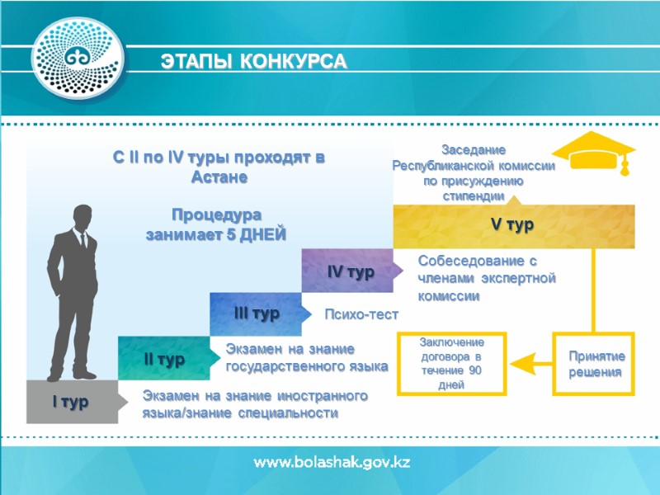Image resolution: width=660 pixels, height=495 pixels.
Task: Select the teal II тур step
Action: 164,359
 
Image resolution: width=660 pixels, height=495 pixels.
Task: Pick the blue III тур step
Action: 257,314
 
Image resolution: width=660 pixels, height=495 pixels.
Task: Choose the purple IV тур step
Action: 351,271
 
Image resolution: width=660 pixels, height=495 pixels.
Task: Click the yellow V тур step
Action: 512,225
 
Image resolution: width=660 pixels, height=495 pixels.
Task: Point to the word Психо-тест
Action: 361,315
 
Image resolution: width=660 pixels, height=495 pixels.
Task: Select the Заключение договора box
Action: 452,364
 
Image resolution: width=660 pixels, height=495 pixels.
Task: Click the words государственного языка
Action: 307,365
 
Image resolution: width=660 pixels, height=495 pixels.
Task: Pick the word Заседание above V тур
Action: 473,149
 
